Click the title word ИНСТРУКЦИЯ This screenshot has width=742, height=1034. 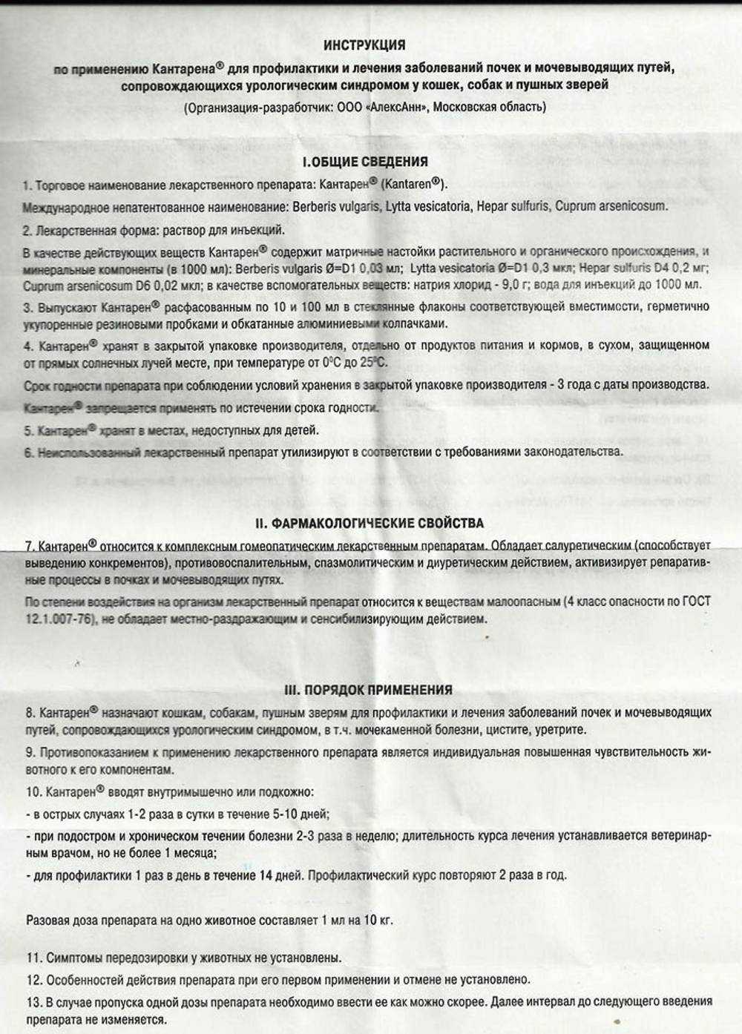[364, 45]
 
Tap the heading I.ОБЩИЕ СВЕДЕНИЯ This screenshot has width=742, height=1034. [365, 162]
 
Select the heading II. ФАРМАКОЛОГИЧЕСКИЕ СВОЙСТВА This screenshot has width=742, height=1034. [370, 523]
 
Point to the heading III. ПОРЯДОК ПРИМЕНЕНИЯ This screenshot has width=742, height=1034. [369, 690]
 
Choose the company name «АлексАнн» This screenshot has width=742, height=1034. [396, 107]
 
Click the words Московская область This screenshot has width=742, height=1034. [489, 107]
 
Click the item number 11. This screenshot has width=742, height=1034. [33, 958]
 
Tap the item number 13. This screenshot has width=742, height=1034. [33, 1002]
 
